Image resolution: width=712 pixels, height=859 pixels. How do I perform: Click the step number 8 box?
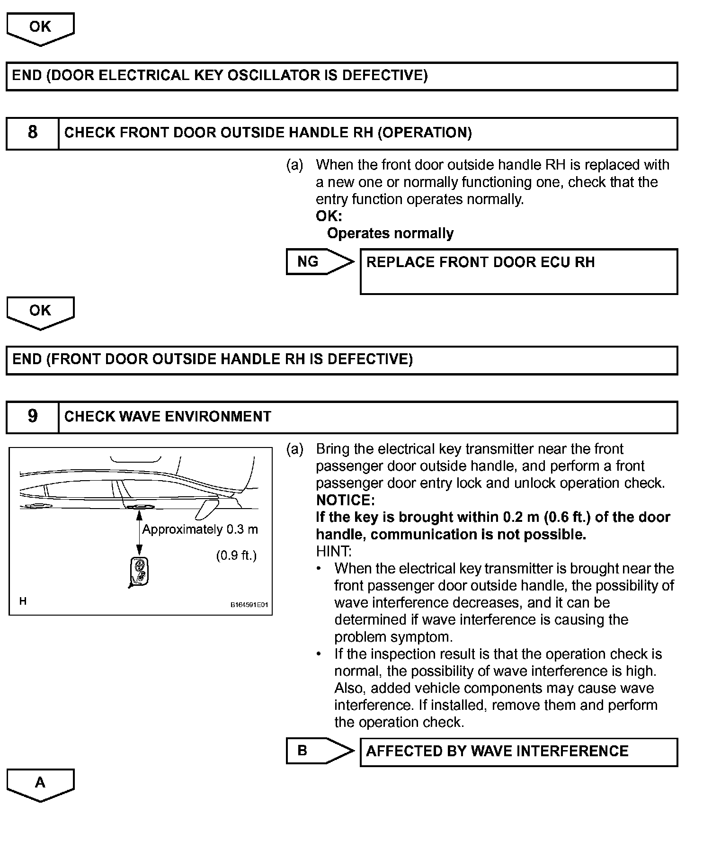(x=32, y=133)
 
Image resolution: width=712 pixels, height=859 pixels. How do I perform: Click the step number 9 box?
(x=32, y=417)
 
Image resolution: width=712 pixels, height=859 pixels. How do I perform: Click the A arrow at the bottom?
(x=40, y=784)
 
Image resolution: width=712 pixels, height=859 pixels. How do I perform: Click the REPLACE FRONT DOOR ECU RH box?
(x=518, y=271)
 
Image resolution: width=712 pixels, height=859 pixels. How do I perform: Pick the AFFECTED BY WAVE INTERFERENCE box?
(x=518, y=752)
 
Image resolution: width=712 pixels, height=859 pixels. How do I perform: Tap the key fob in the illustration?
(x=139, y=572)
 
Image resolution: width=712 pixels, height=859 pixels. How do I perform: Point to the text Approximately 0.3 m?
(x=200, y=529)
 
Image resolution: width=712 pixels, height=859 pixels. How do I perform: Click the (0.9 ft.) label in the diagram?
(x=236, y=555)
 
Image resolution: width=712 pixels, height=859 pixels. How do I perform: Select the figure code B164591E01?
(x=249, y=605)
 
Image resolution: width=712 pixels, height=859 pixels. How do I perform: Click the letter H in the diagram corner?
(x=23, y=601)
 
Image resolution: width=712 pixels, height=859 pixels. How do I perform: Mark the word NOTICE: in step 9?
(x=345, y=501)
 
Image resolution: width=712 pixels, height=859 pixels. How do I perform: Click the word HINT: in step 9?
(x=333, y=552)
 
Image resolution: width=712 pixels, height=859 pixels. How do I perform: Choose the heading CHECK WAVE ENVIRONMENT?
(x=168, y=417)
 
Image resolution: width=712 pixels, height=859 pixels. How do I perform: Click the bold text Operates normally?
(x=390, y=233)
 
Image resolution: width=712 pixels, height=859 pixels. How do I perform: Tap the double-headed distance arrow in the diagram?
(x=139, y=533)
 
